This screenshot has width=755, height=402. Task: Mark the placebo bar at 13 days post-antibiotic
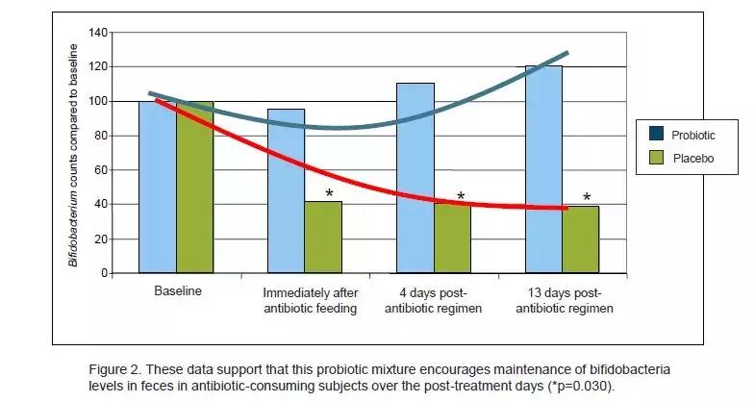point(581,240)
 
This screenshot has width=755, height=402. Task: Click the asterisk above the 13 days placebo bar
point(586,198)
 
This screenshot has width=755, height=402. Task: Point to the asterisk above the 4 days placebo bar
point(461,197)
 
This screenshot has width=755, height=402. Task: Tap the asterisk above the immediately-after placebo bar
point(330,194)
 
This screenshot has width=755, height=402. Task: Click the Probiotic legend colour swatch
point(656,136)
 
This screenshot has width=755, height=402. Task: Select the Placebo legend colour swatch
point(656,158)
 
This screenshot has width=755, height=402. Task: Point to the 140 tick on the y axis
point(96,33)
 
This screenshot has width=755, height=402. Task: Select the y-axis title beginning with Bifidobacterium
point(73,153)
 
